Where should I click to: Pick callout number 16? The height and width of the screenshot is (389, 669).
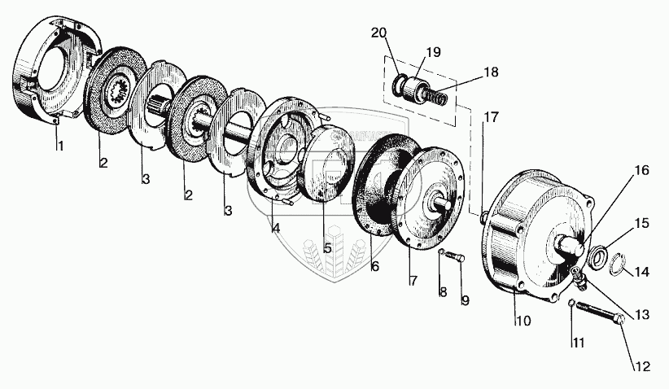click(641, 171)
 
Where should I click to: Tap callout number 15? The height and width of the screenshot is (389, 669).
click(641, 222)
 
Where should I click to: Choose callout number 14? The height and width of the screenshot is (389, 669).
click(641, 272)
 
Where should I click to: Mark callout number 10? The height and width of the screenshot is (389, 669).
click(523, 321)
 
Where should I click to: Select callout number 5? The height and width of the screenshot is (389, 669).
click(326, 248)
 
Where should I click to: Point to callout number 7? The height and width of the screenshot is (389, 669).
click(413, 281)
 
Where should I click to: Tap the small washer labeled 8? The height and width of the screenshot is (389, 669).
click(440, 254)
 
